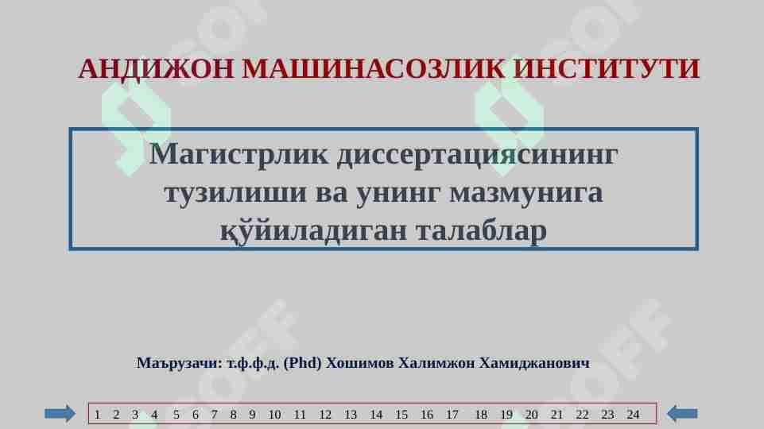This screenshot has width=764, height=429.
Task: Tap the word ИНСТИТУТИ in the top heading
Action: (607, 70)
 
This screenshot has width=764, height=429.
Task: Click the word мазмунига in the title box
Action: (525, 192)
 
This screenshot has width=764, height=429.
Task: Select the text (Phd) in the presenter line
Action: (302, 363)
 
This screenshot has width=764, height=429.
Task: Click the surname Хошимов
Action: (359, 363)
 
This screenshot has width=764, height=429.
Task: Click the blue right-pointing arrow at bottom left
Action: (60, 413)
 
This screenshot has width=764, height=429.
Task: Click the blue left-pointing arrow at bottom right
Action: (681, 413)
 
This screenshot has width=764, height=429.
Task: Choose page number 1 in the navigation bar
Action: (97, 415)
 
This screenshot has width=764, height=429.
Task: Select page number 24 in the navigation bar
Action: (633, 415)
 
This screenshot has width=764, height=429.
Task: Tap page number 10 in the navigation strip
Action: (274, 415)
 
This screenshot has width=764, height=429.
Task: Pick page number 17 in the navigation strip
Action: (452, 415)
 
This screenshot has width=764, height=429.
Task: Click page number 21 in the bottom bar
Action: (557, 415)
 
